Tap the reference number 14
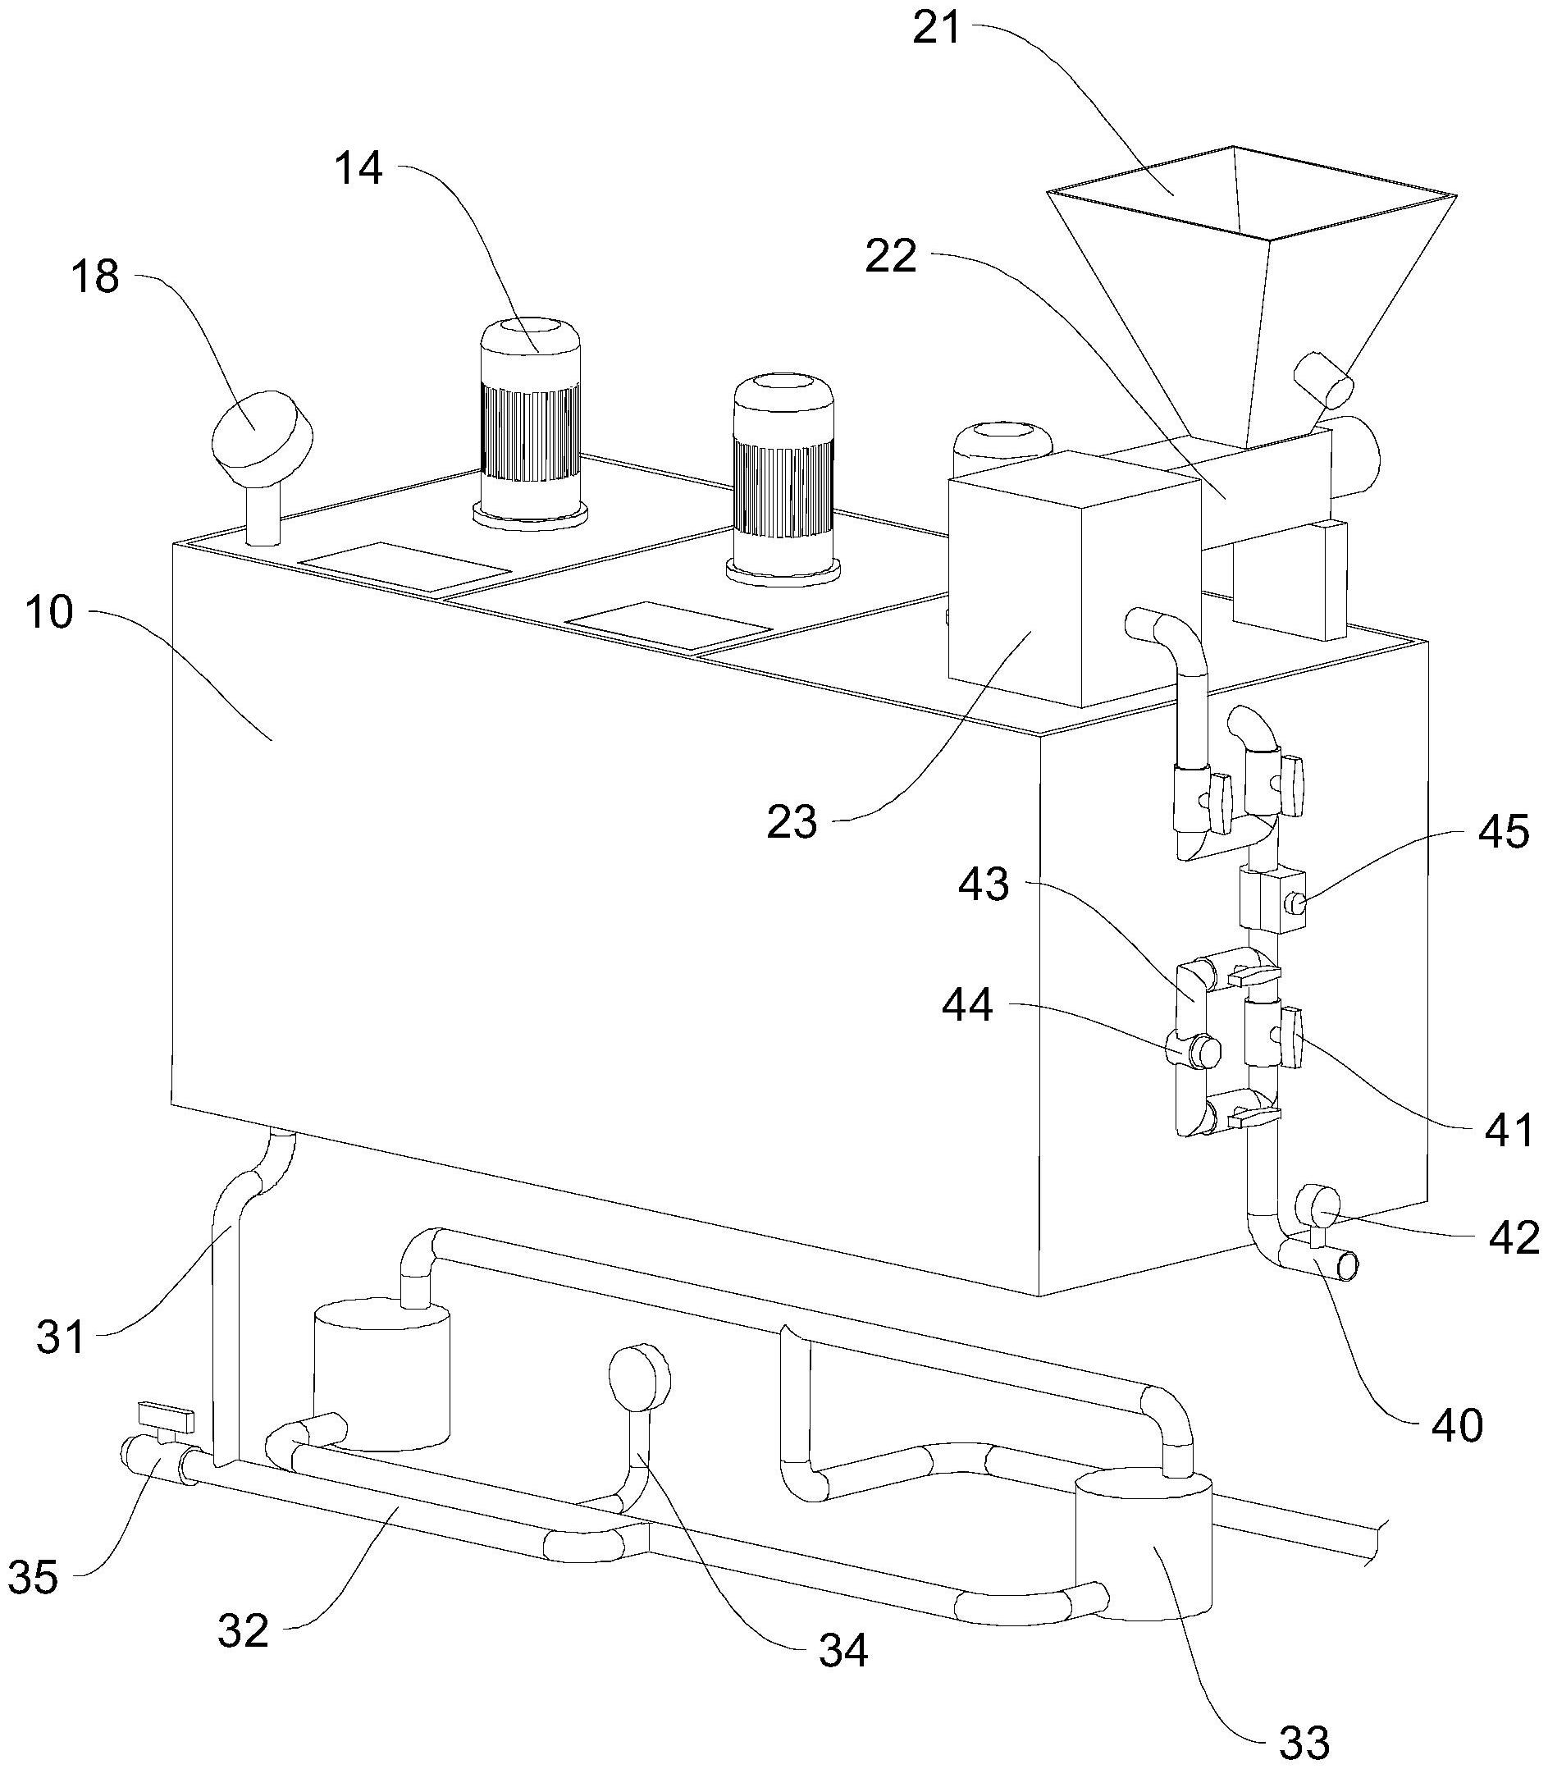coord(359,168)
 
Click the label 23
coord(792,821)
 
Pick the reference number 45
coord(1504,831)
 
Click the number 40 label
coord(1457,1424)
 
